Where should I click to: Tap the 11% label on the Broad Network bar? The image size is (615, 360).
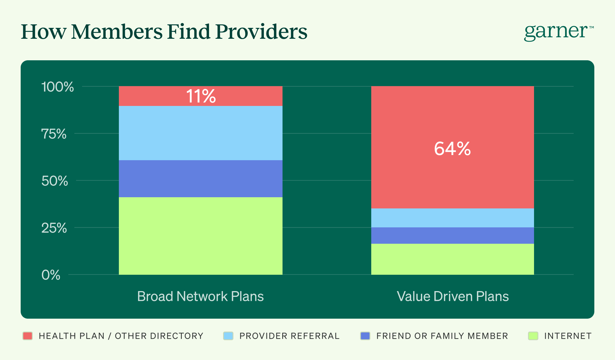pos(201,96)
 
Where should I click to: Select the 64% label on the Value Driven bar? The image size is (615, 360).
pos(452,149)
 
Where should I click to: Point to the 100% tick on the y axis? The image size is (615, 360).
pos(57,87)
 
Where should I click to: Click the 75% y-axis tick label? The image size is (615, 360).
pos(54,134)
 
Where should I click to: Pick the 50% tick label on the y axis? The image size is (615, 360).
pos(55,181)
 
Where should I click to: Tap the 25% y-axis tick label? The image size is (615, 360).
pos(54,228)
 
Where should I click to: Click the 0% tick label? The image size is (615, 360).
pos(51,275)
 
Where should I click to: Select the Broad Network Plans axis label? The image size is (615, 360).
pos(200,296)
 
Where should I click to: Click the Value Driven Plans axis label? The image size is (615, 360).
pos(452,296)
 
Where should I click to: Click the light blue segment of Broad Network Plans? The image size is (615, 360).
pos(201,133)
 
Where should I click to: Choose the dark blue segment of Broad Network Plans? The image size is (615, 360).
pos(201,179)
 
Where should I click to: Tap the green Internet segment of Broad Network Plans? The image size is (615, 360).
pos(201,236)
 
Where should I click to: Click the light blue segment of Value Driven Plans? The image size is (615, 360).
pos(452,218)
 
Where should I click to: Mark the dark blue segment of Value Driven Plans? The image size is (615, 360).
pos(452,235)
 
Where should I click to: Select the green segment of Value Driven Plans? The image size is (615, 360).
pos(452,259)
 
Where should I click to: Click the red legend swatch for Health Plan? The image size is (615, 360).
pos(28,336)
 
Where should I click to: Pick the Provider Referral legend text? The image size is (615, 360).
pos(289,336)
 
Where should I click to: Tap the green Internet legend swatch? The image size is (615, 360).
pos(533,336)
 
